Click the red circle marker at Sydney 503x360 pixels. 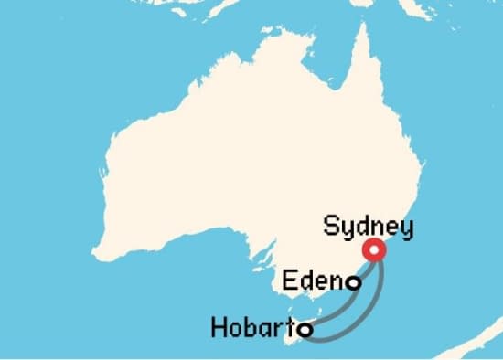[373, 250]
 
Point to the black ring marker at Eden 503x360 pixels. [352, 284]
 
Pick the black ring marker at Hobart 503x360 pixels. [306, 328]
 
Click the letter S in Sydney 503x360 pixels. [332, 225]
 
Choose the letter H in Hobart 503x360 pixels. [219, 326]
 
